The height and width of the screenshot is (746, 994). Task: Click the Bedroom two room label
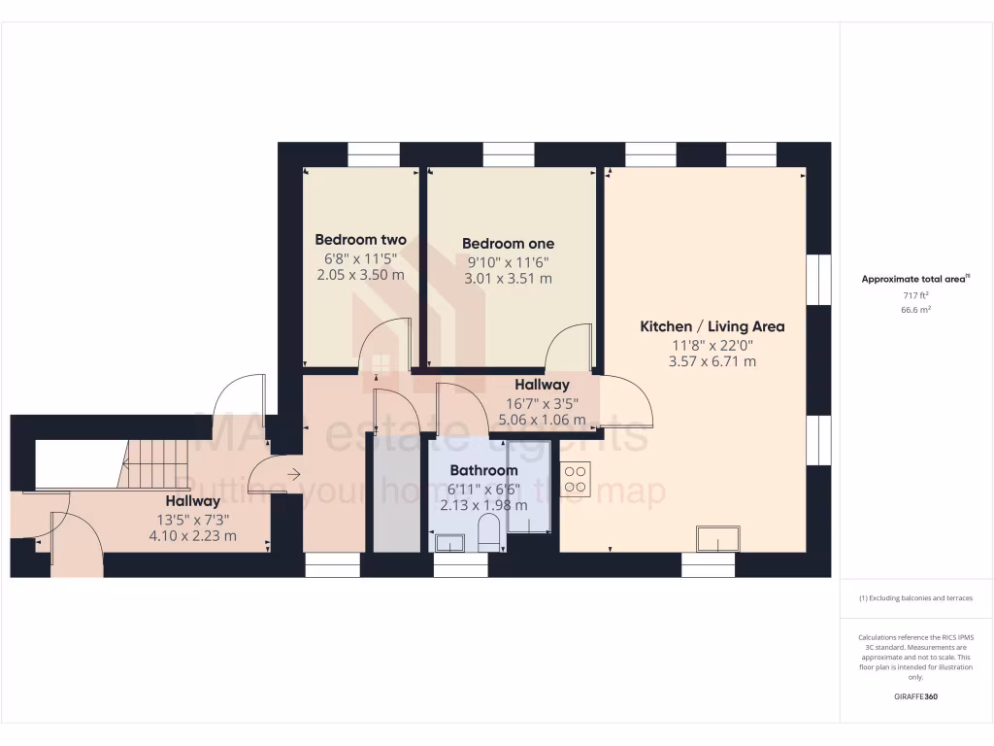point(360,240)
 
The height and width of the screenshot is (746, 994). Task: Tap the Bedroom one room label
point(508,244)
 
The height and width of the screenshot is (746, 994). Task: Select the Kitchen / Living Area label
point(712,326)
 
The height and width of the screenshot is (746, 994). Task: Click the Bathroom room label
point(483,470)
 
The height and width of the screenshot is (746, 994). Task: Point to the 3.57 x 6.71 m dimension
point(712,361)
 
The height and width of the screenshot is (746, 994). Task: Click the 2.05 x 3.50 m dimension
point(360,275)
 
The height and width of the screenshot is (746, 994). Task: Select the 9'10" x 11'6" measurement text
point(508,261)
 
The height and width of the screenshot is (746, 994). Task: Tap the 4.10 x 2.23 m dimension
point(192,535)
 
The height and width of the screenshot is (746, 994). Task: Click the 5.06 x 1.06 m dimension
point(542,420)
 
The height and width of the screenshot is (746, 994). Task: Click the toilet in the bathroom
point(489,533)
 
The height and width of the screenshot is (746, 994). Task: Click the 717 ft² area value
point(915,294)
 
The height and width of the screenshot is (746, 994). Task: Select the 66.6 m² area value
point(915,310)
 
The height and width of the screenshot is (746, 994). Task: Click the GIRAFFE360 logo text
point(915,696)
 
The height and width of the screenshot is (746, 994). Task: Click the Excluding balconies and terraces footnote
point(915,598)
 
